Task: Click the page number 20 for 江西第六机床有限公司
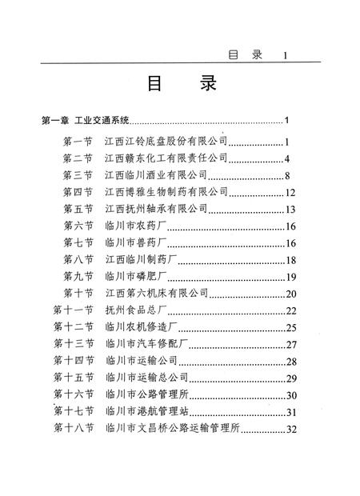[290, 294]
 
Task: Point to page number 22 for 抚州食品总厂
[291, 310]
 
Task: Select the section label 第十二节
[74, 327]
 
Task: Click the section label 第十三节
[74, 345]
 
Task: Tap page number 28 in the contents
[291, 362]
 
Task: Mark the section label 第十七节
[74, 412]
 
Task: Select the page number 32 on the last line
[291, 429]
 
